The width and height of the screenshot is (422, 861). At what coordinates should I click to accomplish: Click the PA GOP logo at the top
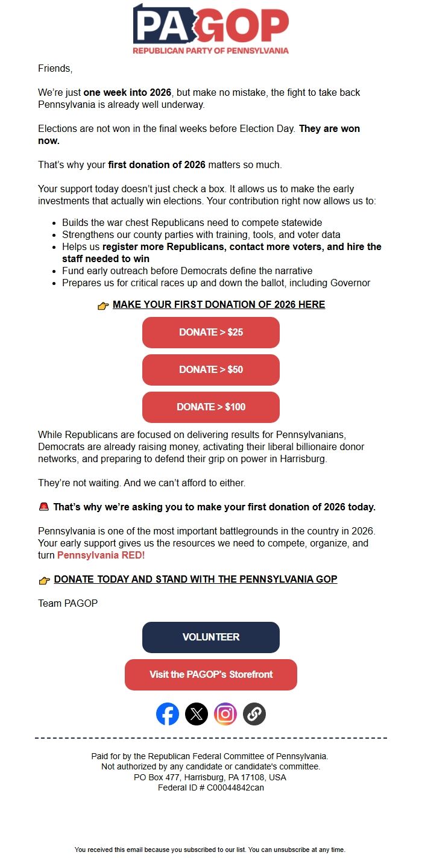click(x=210, y=29)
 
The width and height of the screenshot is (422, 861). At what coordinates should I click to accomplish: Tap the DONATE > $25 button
click(x=210, y=333)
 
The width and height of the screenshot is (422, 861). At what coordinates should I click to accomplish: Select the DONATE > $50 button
click(x=210, y=370)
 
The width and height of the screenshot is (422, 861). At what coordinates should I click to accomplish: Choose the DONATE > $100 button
click(x=210, y=407)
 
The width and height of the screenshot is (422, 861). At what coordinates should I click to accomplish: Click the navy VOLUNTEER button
click(x=210, y=637)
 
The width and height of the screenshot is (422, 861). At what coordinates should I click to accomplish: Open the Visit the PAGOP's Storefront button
click(x=210, y=675)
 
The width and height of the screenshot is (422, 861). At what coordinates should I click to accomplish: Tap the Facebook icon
click(x=168, y=714)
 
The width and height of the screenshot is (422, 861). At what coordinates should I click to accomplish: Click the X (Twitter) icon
click(x=197, y=714)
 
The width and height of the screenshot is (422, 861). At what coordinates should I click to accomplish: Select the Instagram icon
click(x=225, y=714)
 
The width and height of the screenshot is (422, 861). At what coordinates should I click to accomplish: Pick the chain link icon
click(x=254, y=714)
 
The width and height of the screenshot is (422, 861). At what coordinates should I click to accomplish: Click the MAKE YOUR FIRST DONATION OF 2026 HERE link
click(x=219, y=305)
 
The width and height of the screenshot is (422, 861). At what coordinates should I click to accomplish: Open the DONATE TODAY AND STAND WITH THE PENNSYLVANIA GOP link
click(x=195, y=580)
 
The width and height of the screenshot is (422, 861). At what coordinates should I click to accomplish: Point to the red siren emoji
click(x=43, y=507)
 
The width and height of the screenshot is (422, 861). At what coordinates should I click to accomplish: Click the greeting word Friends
click(x=55, y=69)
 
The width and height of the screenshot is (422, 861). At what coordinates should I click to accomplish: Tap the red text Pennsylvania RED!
click(x=101, y=556)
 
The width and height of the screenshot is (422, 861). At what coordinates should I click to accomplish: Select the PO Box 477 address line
click(x=210, y=777)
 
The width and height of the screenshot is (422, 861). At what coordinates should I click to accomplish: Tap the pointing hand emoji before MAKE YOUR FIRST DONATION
click(x=103, y=305)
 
